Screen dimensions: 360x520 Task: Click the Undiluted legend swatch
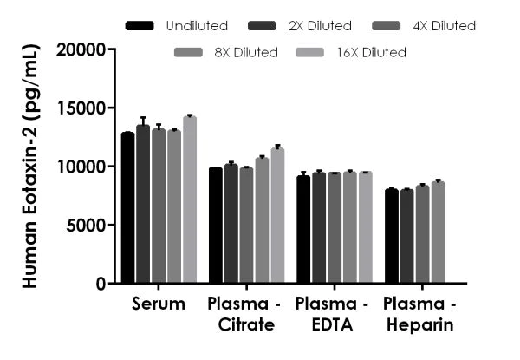point(140,26)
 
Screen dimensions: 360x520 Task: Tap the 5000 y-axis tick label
point(90,226)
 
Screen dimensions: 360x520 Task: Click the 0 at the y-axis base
point(101,284)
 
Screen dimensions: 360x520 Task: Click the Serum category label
point(159,304)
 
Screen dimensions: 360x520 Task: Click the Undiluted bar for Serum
point(128,208)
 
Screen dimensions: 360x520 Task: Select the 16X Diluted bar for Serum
point(189,200)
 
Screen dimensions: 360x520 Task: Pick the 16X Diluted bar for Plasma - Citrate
point(277,216)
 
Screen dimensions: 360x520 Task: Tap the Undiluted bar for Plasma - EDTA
point(303,230)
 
